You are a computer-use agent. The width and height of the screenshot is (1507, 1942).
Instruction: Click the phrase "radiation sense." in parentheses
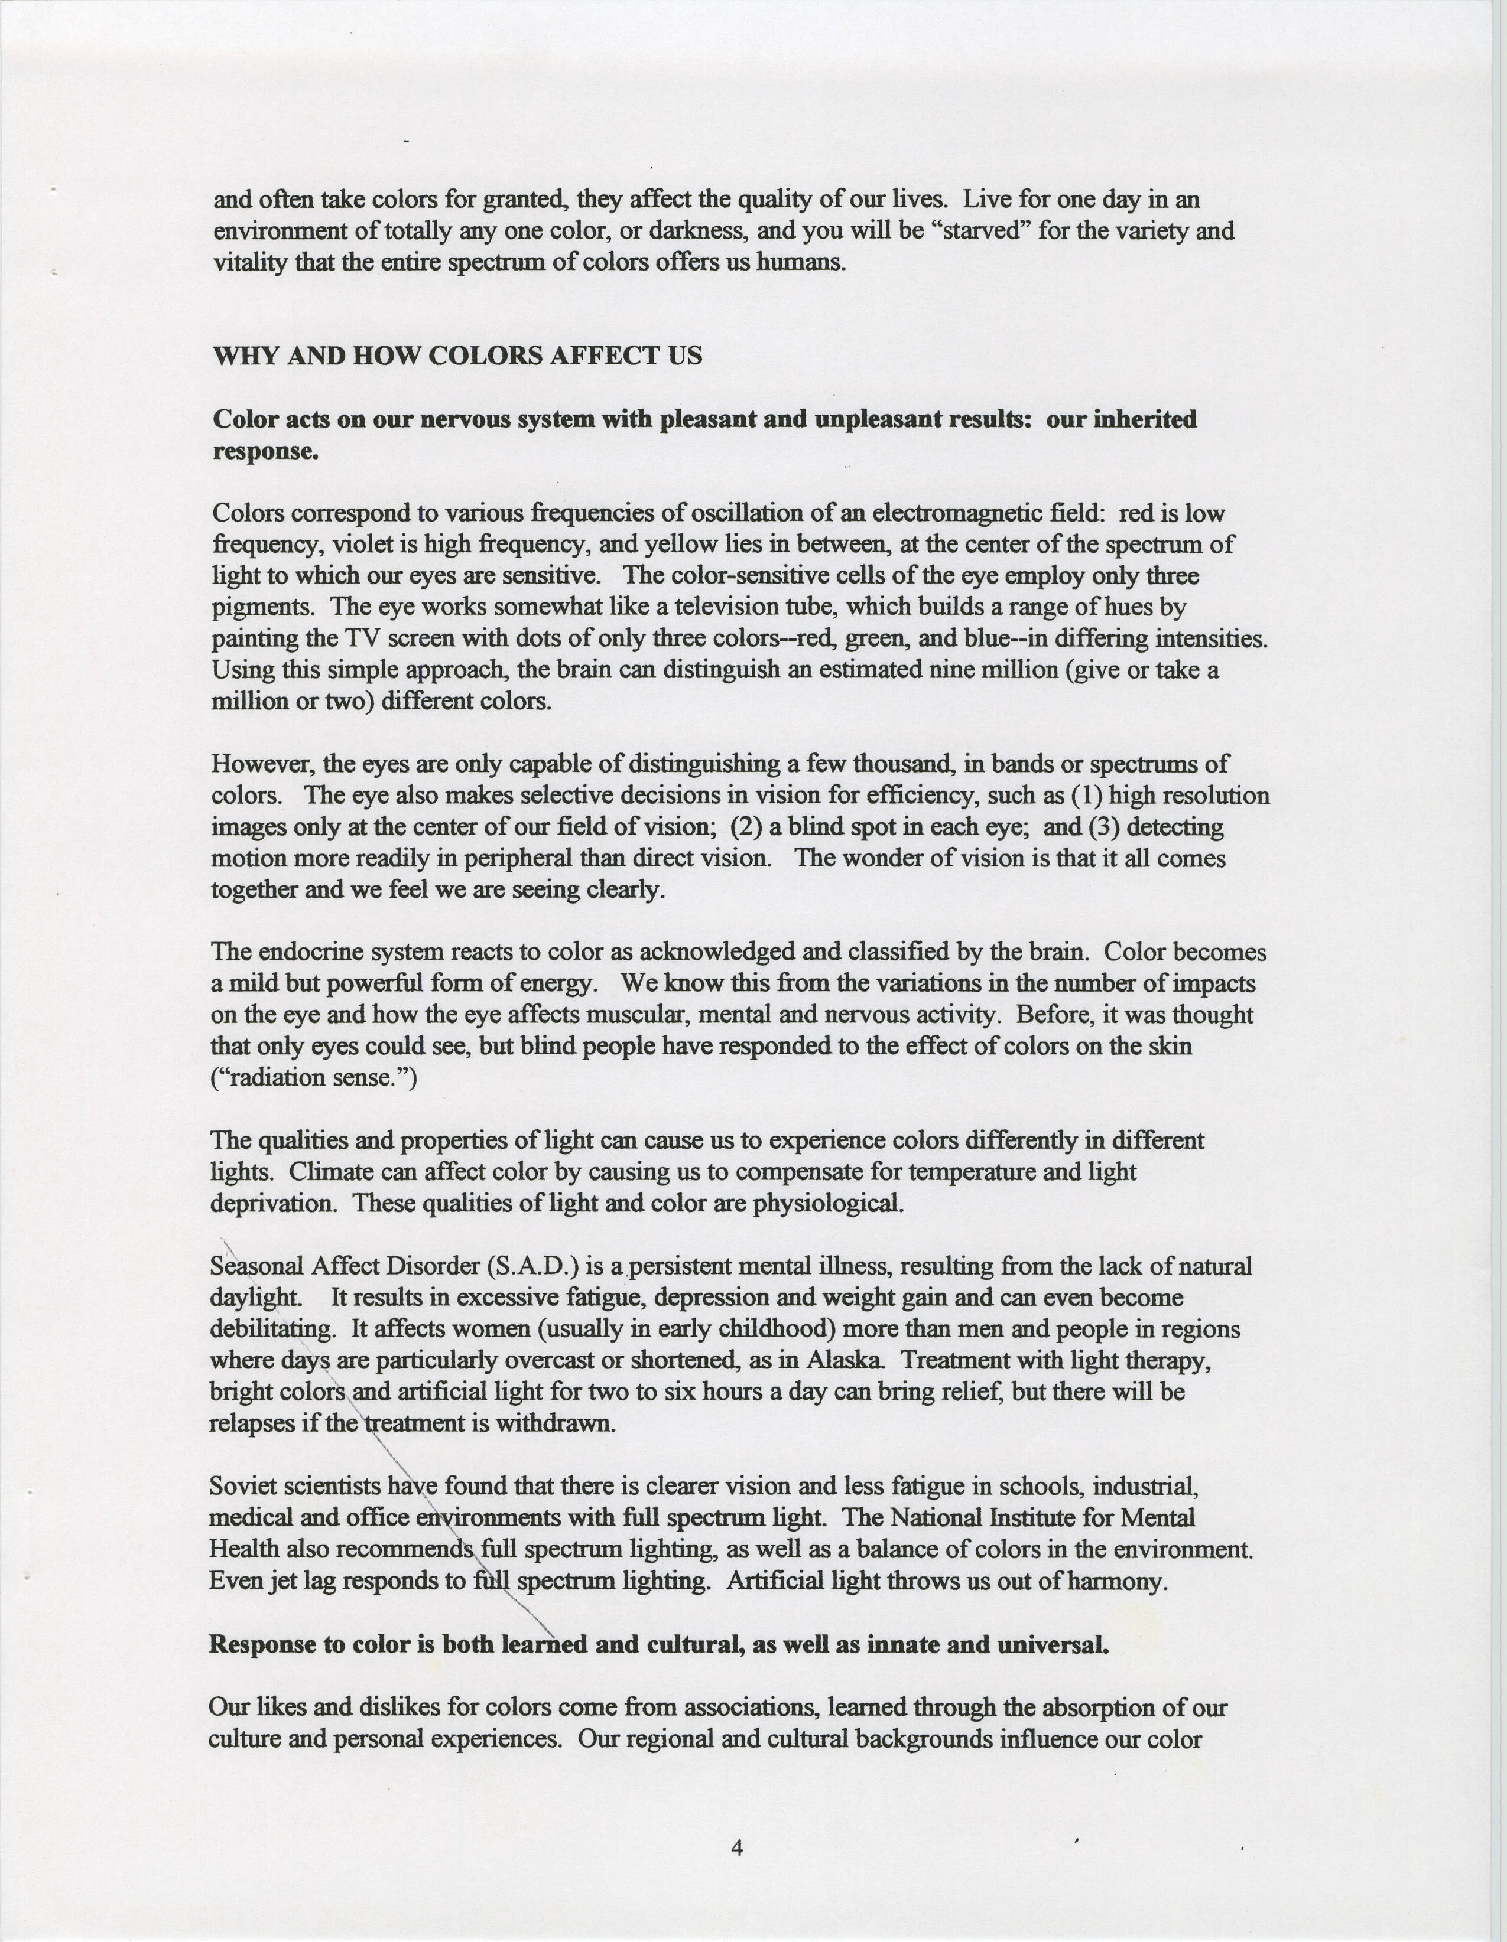(313, 1078)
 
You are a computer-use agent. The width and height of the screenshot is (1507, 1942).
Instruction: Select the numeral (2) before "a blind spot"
(746, 826)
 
